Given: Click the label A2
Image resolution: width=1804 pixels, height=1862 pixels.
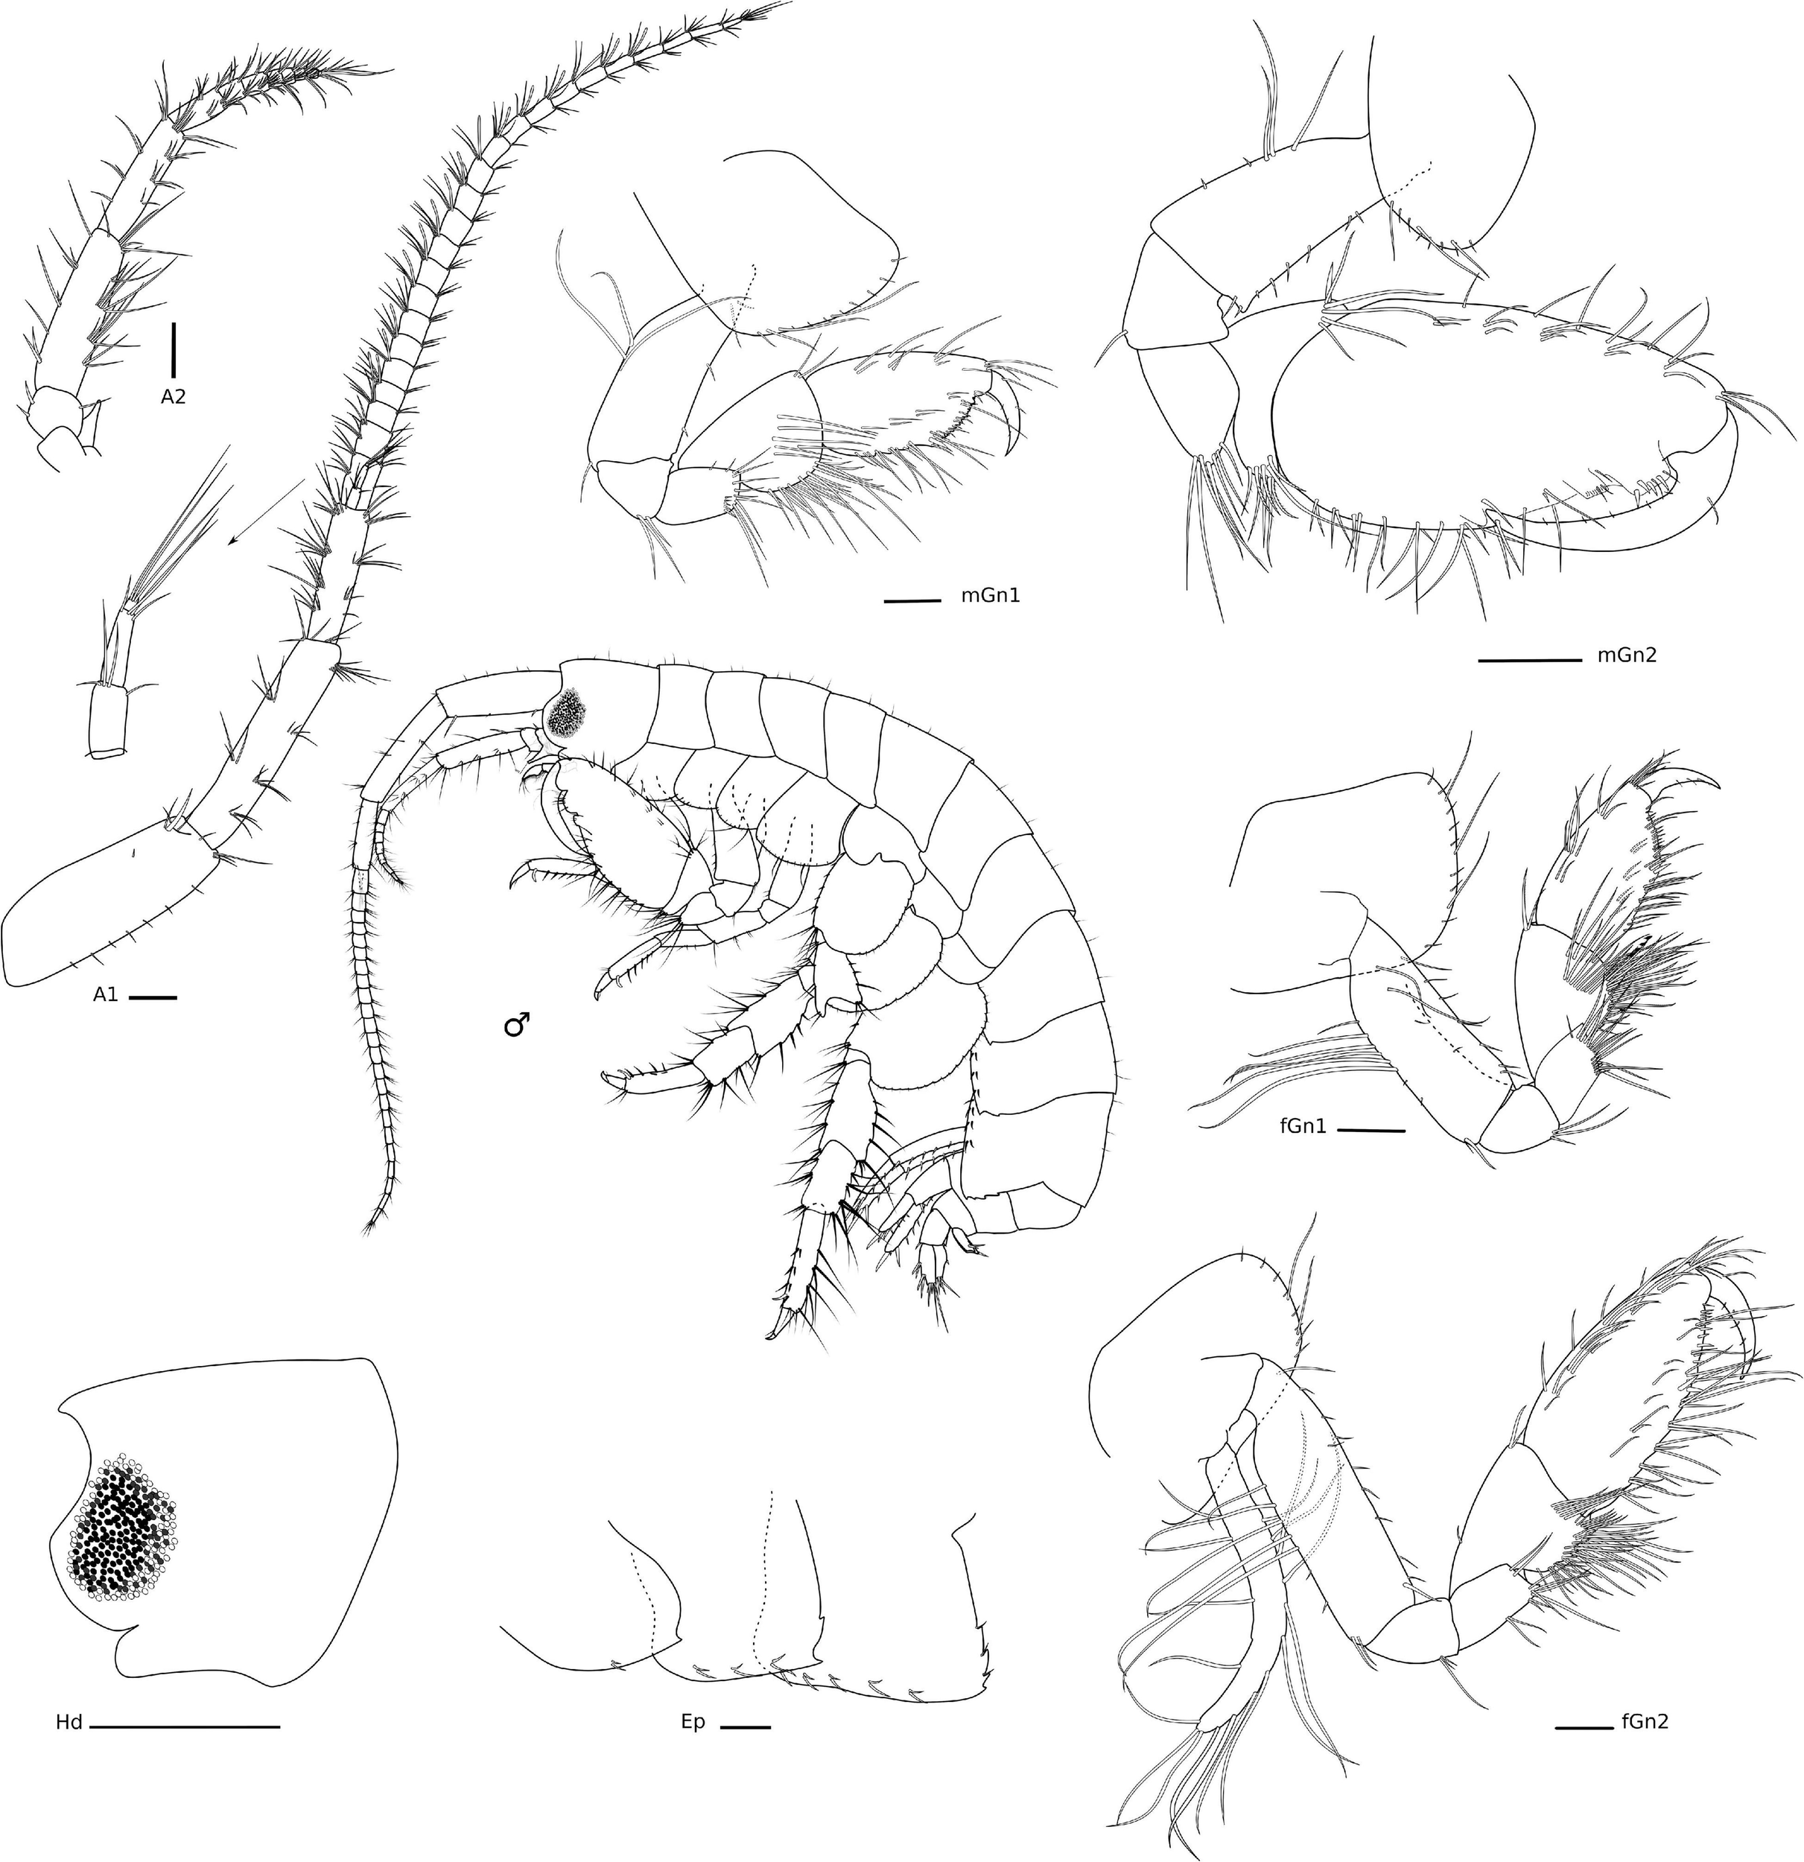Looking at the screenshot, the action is click(173, 396).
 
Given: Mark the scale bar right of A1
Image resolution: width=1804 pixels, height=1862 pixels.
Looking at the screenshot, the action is click(152, 997).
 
